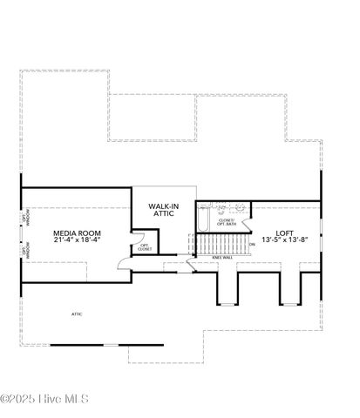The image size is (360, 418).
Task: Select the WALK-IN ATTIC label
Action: click(164, 210)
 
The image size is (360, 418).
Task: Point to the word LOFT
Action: click(285, 233)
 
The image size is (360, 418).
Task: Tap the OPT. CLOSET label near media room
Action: click(146, 247)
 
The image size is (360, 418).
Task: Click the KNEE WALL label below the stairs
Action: click(221, 258)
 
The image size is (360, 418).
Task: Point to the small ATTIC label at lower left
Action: click(77, 312)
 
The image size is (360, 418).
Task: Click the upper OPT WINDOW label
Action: click(24, 222)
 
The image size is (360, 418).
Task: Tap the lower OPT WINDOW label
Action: click(24, 250)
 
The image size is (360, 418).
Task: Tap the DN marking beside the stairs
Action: click(252, 245)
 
